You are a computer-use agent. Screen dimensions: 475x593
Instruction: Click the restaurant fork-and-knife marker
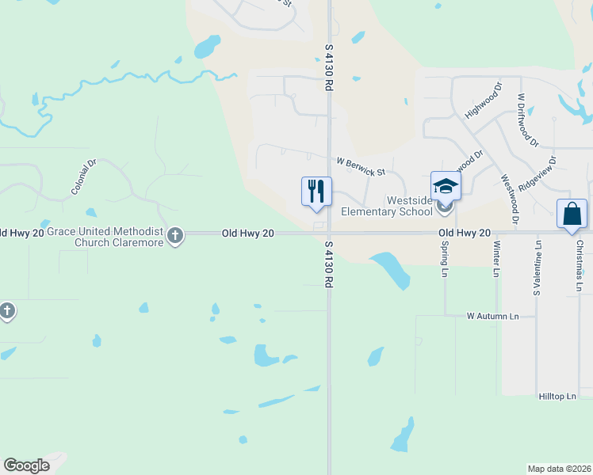point(316,191)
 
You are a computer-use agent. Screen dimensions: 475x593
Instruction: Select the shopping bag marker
point(572,214)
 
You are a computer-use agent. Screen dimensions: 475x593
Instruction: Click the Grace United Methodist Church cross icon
point(175,235)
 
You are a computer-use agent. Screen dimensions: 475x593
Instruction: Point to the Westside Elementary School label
point(386,206)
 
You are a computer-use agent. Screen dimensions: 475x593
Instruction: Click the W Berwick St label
point(360,167)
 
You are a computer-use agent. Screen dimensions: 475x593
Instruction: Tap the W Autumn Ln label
point(492,316)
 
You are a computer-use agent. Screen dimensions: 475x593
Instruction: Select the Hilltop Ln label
point(557,395)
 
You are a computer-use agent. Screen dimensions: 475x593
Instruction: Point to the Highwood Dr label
point(484,101)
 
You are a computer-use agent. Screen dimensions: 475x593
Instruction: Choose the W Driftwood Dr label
point(528,120)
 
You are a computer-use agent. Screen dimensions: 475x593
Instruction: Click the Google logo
point(27,465)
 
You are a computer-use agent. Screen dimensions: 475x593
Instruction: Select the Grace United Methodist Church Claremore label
point(105,237)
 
